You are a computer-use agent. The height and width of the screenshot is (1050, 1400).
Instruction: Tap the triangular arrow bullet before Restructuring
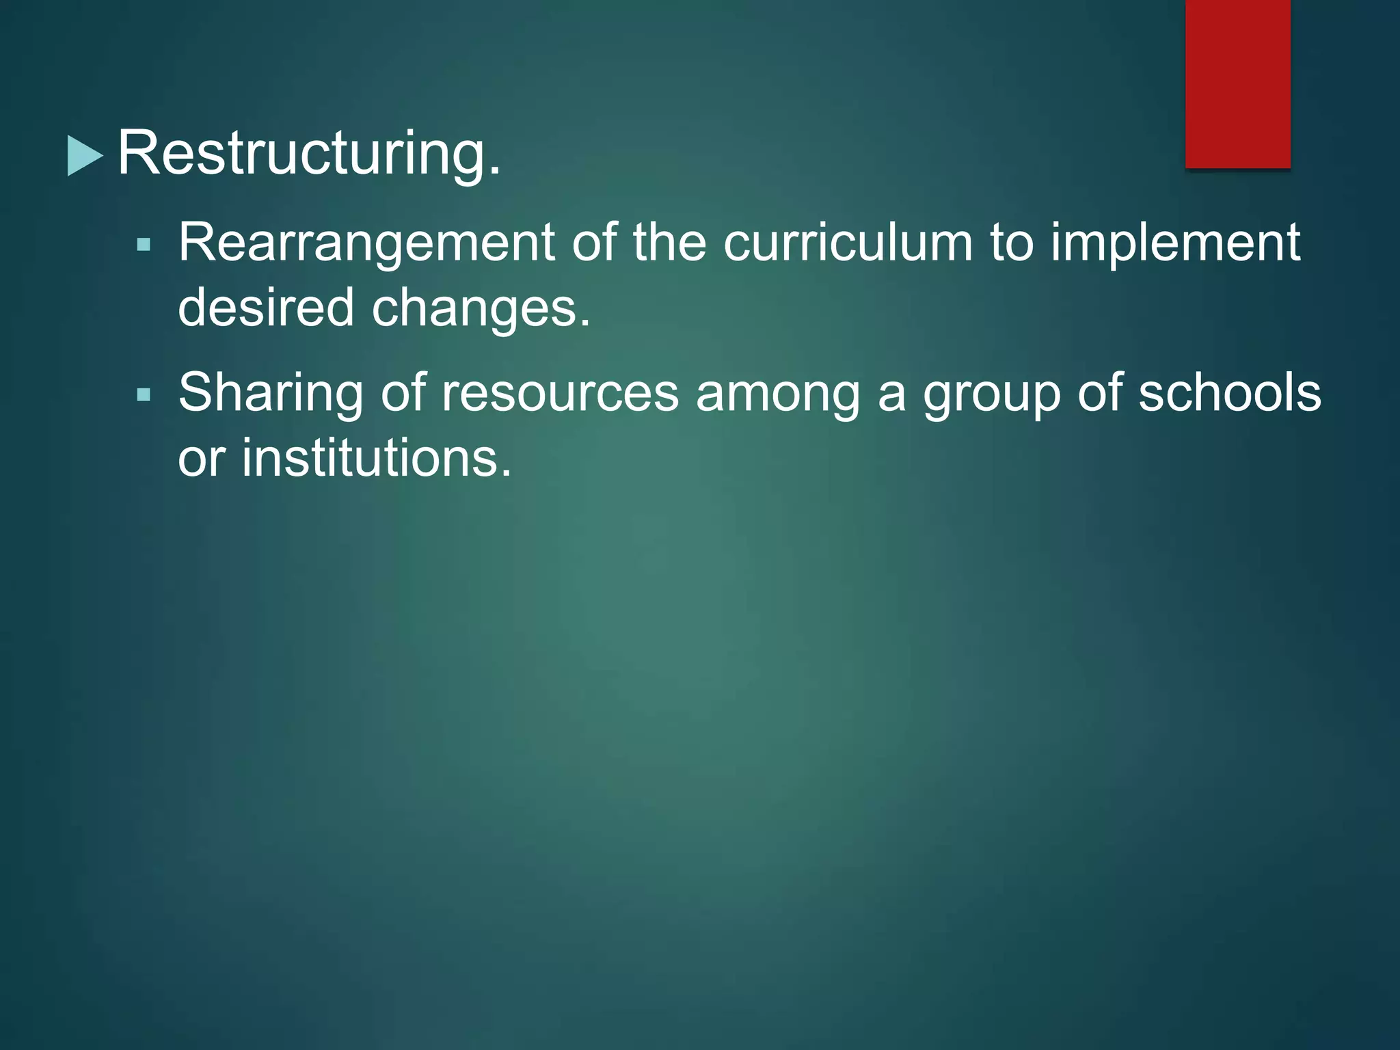(x=84, y=156)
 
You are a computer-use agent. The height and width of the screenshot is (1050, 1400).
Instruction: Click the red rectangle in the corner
(x=1237, y=83)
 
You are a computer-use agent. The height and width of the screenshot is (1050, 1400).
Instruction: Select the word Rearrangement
(x=366, y=243)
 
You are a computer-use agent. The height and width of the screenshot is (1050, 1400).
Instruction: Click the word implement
(x=1174, y=243)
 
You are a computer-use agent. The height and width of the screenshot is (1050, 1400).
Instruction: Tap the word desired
(x=266, y=308)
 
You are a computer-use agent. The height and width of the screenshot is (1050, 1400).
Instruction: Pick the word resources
(x=560, y=394)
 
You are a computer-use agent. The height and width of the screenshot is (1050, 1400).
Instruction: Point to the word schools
(x=1230, y=392)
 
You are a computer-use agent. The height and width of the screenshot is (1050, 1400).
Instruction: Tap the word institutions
(x=376, y=457)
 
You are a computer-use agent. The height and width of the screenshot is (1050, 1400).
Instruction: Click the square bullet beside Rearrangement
(x=144, y=245)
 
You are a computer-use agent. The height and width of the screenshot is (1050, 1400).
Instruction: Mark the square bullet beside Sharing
(x=144, y=395)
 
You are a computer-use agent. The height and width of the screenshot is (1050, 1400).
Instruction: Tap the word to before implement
(x=1011, y=243)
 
